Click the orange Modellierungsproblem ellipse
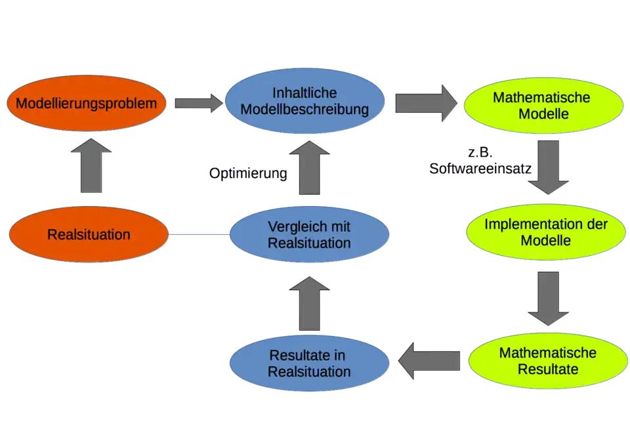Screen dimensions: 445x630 pos(87,104)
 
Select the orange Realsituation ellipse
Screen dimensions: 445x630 pos(89,234)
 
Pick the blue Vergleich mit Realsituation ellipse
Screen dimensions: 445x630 pos(309,234)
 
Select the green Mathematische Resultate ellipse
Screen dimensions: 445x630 pos(547,360)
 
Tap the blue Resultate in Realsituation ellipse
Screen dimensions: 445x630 pos(308,363)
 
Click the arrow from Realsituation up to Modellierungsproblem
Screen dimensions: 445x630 pos(91,166)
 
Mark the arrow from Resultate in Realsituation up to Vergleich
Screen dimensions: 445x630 pos(308,302)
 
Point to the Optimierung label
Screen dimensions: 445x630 pos(248,174)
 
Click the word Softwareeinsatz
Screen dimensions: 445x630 pos(480,169)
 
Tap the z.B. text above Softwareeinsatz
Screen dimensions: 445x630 pos(479,154)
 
